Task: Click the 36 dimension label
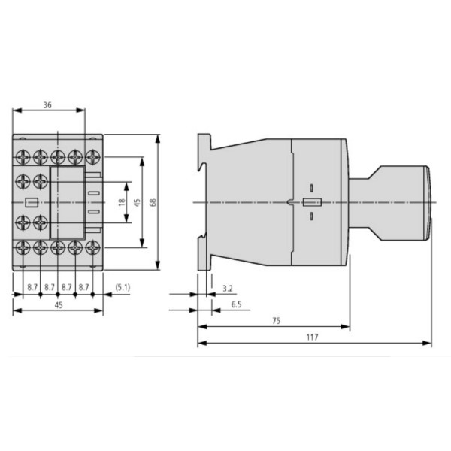[x=48, y=106]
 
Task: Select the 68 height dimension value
[x=153, y=203]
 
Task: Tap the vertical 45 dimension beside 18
[x=137, y=203]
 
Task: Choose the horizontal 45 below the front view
[x=58, y=304]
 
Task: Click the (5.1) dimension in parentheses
[x=123, y=286]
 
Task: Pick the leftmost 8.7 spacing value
[x=32, y=286]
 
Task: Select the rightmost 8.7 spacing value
[x=84, y=286]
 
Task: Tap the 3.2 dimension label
[x=228, y=287]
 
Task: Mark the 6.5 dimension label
[x=236, y=304]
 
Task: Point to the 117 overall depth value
[x=313, y=337]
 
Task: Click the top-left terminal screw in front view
[x=23, y=157]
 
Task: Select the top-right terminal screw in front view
[x=92, y=157]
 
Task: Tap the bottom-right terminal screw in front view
[x=92, y=247]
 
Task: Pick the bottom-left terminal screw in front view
[x=23, y=247]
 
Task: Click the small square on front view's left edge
[x=31, y=202]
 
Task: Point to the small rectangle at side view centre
[x=311, y=202]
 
